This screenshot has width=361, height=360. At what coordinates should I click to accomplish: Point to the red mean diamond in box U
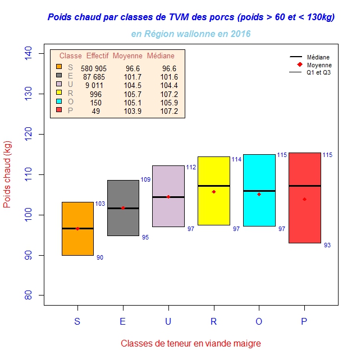(168, 197)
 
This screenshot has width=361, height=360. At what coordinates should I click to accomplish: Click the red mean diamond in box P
(304, 199)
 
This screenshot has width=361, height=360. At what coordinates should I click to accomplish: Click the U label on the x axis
(168, 322)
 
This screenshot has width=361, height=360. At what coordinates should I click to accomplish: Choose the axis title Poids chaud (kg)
(8, 175)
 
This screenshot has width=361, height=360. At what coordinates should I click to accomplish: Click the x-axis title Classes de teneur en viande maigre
(191, 343)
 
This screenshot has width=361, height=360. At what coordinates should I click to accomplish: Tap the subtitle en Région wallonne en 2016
(191, 34)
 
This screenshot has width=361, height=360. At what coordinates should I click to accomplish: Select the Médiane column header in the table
(161, 56)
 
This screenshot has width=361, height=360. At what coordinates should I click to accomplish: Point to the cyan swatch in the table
(59, 102)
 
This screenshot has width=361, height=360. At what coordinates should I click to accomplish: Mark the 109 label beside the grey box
(145, 180)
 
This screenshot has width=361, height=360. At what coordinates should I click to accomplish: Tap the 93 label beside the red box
(328, 246)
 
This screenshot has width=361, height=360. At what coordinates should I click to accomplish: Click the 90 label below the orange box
(100, 258)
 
